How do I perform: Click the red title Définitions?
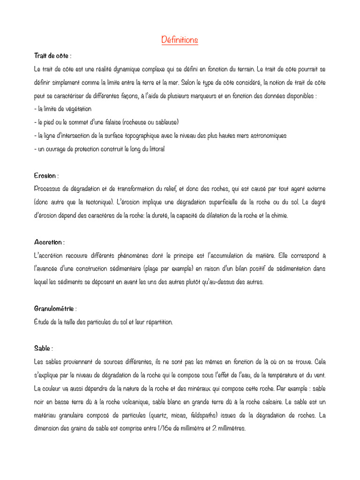coord(180,40)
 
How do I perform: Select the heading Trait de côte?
coord(52,56)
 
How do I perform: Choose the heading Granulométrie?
coord(54,309)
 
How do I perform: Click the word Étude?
coord(43,322)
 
